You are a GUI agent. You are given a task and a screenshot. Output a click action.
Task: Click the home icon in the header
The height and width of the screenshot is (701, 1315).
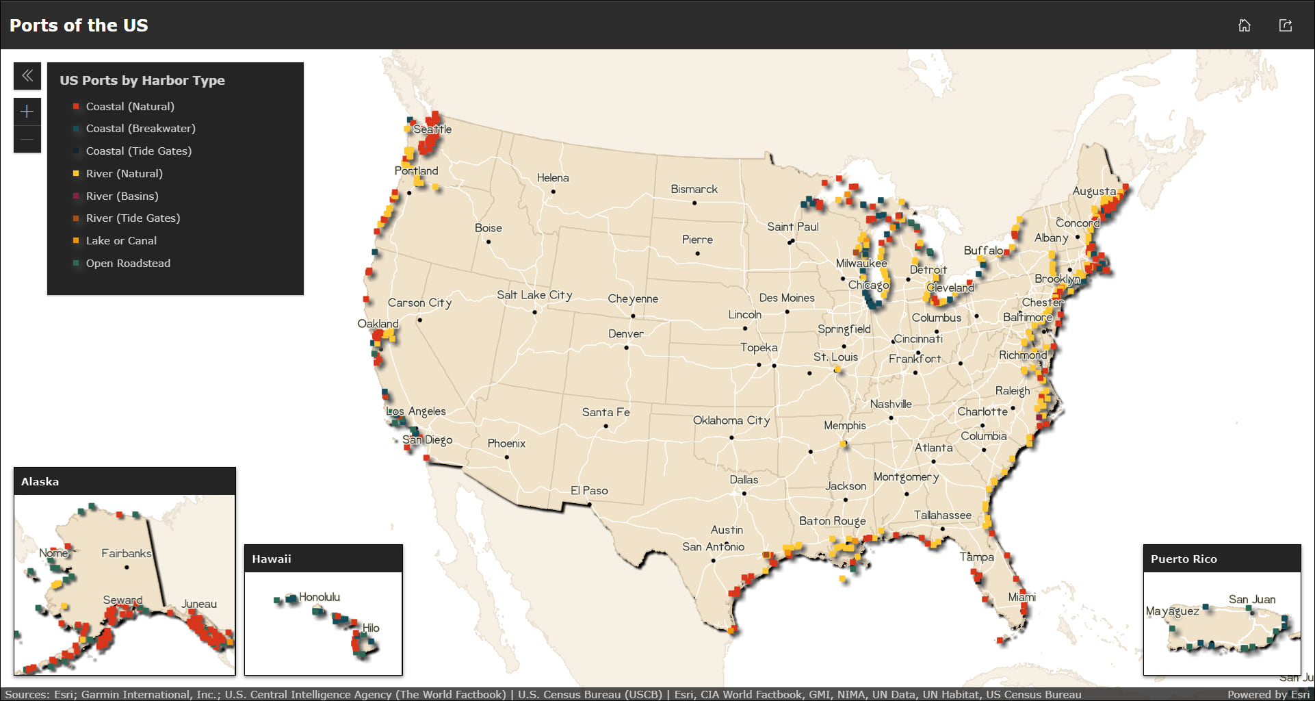[1244, 25]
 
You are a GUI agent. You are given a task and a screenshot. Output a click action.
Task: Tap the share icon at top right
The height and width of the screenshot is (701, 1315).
[1285, 25]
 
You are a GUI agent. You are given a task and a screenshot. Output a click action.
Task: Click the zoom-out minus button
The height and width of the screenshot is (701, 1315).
[27, 140]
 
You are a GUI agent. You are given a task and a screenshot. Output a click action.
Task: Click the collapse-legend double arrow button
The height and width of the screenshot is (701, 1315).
[27, 76]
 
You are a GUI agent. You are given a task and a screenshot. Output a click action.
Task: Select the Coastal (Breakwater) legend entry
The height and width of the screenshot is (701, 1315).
[140, 129]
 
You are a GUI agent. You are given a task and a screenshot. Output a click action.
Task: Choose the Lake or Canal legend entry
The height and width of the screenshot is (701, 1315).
[121, 241]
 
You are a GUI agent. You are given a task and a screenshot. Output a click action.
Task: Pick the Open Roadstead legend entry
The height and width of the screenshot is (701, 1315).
[128, 264]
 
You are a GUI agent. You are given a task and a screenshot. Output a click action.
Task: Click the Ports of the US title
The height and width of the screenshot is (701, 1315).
[79, 25]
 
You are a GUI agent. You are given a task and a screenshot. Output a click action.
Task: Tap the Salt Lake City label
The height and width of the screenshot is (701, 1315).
[534, 295]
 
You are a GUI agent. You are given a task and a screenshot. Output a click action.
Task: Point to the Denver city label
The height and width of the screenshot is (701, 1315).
[626, 334]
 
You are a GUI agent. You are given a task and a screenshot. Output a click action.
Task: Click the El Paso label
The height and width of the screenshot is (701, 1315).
[589, 491]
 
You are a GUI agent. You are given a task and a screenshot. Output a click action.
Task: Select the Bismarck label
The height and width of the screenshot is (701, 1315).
[694, 190]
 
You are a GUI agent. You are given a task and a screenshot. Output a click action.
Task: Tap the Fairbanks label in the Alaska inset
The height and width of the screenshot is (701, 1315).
[126, 553]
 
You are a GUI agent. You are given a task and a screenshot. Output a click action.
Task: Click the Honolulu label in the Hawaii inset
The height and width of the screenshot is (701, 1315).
[319, 597]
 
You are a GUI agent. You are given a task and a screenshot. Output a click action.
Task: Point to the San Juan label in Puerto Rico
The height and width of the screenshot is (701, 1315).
[1251, 600]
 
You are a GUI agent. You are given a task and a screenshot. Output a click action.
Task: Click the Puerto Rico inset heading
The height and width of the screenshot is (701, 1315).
[1184, 559]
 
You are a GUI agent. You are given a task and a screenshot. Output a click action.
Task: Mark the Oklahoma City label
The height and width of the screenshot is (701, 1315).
[731, 420]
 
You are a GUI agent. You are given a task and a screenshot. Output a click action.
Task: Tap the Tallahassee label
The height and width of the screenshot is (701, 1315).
[942, 515]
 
